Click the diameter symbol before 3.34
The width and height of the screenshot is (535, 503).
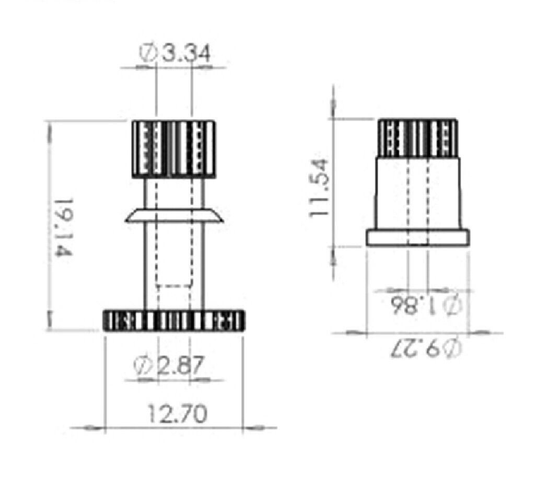pos(148,53)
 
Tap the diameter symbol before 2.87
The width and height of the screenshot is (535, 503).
pos(143,366)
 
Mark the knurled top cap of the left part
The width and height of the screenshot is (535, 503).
pos(173,149)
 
